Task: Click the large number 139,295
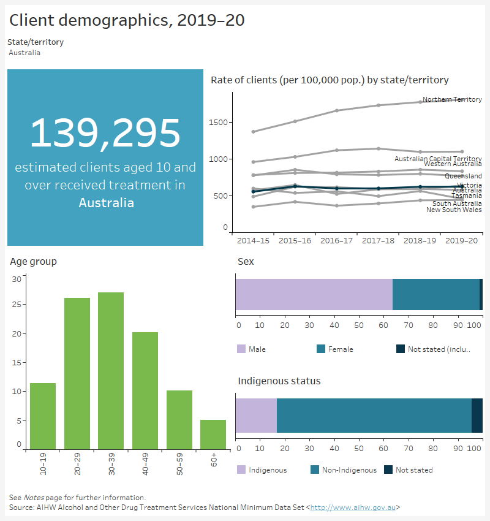[105, 134]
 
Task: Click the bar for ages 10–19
[43, 416]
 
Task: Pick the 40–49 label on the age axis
[145, 471]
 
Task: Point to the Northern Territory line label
[452, 99]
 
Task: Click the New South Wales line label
[454, 210]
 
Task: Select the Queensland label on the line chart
[463, 177]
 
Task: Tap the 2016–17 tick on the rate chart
[337, 241]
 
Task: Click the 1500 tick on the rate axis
[221, 123]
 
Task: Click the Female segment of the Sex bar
[435, 294]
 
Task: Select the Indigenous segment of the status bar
[256, 415]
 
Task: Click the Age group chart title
[33, 262]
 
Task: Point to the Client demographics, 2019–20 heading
[127, 20]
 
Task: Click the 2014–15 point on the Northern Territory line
[254, 132]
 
